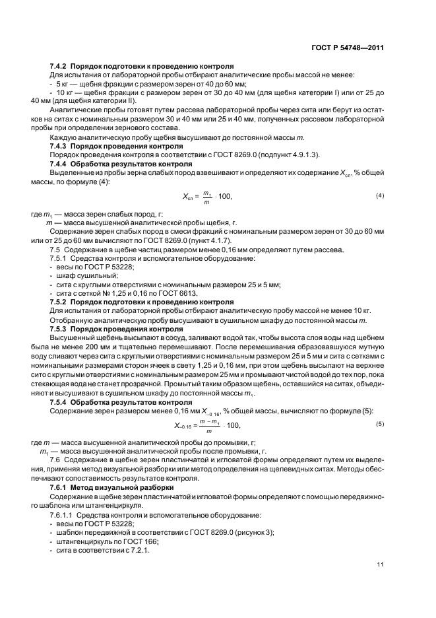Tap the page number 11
pos(380,564)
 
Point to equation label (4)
pos(380,196)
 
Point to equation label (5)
pos(380,423)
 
